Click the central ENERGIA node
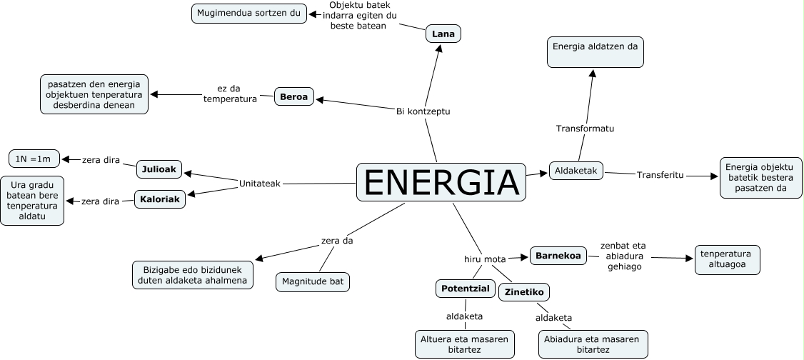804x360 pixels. click(x=441, y=182)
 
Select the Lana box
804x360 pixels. click(x=443, y=34)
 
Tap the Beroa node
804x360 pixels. click(x=294, y=96)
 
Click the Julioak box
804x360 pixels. click(x=159, y=169)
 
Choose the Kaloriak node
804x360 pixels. click(x=160, y=199)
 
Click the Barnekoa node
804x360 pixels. click(x=558, y=255)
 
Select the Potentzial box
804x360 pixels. click(x=466, y=289)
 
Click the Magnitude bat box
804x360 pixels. click(x=313, y=282)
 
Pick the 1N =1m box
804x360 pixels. click(x=34, y=158)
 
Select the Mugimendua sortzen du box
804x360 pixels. click(x=249, y=14)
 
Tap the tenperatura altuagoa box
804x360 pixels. click(x=727, y=260)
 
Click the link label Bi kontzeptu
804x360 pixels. click(x=423, y=111)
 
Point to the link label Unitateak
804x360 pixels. click(x=259, y=184)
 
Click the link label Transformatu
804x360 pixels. click(x=585, y=129)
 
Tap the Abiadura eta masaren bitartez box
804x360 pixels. click(x=593, y=344)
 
